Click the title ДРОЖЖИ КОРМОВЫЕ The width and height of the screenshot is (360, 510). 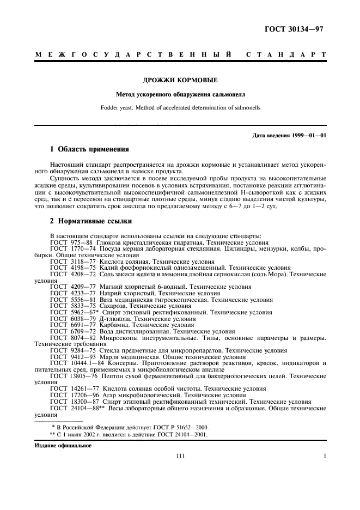(180, 80)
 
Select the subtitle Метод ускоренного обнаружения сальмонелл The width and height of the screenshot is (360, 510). (180, 95)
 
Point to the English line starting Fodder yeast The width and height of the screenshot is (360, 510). (180, 107)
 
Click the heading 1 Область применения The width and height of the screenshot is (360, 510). (89, 149)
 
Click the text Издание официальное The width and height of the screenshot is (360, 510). (63, 445)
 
